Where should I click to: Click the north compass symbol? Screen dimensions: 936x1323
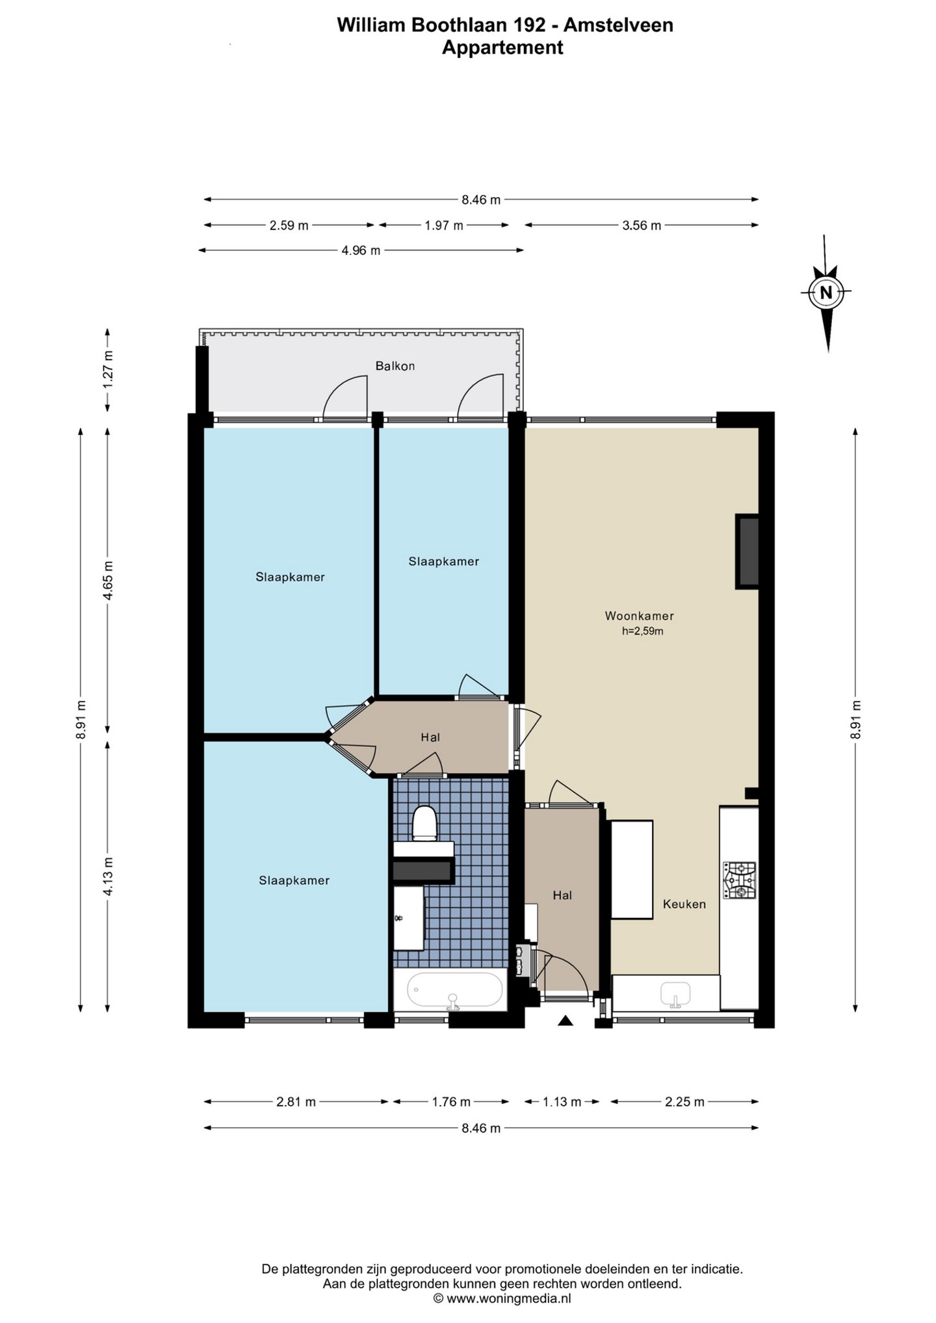tap(825, 293)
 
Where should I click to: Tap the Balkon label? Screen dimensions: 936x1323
tap(395, 366)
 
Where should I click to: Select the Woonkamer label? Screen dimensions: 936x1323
tap(639, 616)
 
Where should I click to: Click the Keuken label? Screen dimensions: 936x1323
tap(684, 904)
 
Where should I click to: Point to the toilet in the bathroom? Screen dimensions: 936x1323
tap(425, 822)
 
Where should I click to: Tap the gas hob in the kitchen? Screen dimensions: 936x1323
tap(740, 880)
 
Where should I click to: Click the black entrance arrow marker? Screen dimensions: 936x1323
tap(565, 1021)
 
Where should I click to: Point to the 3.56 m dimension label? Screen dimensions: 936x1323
tap(642, 226)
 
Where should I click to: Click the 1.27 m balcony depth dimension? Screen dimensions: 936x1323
tap(109, 369)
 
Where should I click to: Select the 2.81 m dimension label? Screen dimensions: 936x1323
tap(296, 1102)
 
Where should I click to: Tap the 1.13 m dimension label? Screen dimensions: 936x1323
tap(562, 1102)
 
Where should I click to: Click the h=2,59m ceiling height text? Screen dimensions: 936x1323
tap(643, 631)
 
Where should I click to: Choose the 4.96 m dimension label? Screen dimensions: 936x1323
tap(361, 250)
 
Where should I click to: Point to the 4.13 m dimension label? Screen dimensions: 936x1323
tap(109, 876)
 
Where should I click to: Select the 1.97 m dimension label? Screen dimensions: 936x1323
tap(444, 226)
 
